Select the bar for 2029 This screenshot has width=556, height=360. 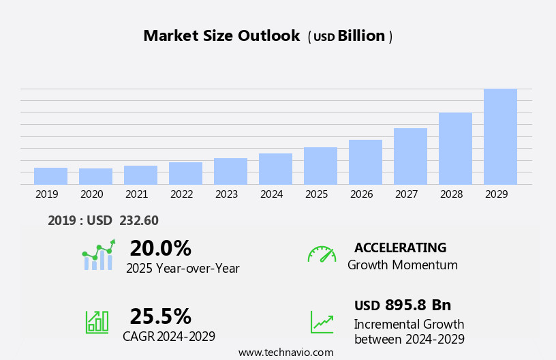coord(500,136)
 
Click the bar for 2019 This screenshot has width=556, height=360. coord(50,176)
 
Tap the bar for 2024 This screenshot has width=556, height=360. coord(275,168)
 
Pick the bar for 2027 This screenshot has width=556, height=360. coord(410,156)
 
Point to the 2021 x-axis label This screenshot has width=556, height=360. coord(136,194)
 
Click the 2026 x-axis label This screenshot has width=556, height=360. coord(361,194)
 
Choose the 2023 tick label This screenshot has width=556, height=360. coord(226,194)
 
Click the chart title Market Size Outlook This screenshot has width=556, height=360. coord(221,36)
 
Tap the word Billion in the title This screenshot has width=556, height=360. coord(361,36)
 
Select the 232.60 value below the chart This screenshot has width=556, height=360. coord(138,221)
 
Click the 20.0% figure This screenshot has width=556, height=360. coord(160,248)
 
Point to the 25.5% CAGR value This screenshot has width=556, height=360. coord(160,316)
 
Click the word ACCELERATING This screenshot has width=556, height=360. coord(400,248)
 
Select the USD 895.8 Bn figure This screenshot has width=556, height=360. coord(402,305)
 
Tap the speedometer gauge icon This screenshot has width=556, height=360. coord(322,254)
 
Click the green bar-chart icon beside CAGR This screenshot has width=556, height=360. coord(97,321)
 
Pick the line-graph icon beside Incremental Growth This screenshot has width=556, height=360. coord(322,322)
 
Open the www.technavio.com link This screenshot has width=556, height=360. coord(285,352)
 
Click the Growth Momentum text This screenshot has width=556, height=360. coord(402,265)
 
